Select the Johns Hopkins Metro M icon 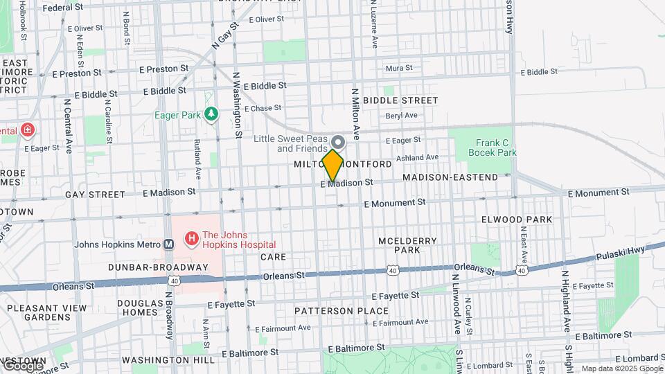point(168,244)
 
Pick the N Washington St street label point(236,104)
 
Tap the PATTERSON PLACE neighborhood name point(342,311)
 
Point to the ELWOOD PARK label point(517,220)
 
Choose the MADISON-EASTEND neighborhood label point(450,177)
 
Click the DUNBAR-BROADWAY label point(158,267)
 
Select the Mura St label point(398,68)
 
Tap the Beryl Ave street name point(402,116)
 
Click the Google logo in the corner point(22,365)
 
